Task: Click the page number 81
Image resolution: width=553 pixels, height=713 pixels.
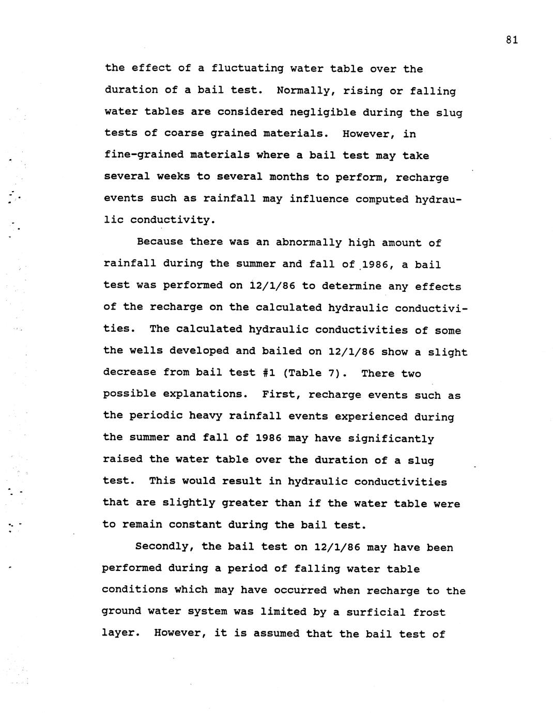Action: (x=512, y=40)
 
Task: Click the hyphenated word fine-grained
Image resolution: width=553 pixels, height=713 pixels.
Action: (x=144, y=155)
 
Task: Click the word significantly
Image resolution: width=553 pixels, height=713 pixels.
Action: (x=391, y=438)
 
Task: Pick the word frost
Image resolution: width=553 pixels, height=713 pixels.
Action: (x=429, y=612)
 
